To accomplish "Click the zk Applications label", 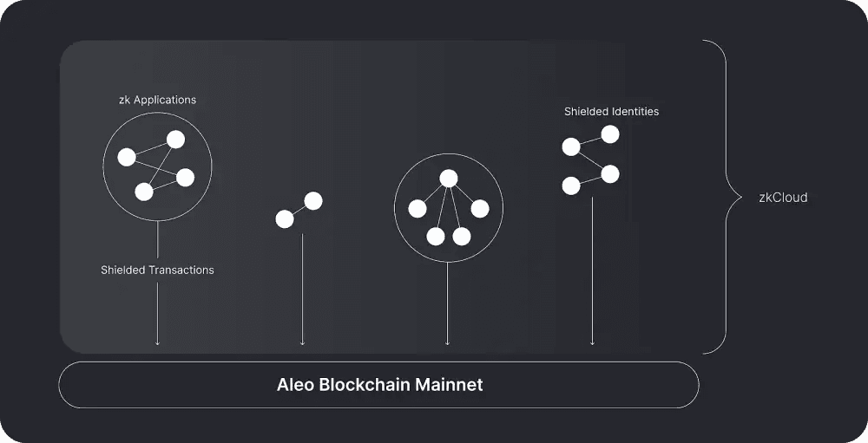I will [x=157, y=100].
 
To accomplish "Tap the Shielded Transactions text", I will [x=157, y=270].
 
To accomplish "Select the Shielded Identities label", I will [x=611, y=112].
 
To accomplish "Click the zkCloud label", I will [x=783, y=198].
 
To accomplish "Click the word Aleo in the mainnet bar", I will [x=295, y=384].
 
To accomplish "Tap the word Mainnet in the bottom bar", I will [x=449, y=384].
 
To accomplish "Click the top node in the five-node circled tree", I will [x=448, y=179].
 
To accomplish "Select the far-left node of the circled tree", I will [x=418, y=209].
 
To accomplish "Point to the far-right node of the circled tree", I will [x=480, y=209].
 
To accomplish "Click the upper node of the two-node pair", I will [x=313, y=201].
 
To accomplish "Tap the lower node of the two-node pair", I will [x=285, y=219].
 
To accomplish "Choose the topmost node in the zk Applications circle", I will [x=175, y=139].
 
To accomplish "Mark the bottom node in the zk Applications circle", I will [x=144, y=192].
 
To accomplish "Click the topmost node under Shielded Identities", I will [x=610, y=134].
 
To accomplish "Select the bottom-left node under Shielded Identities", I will [x=571, y=186].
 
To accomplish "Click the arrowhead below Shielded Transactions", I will [x=157, y=343].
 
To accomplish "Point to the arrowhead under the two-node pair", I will [x=302, y=343].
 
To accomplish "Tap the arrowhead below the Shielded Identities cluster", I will [x=592, y=343].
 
